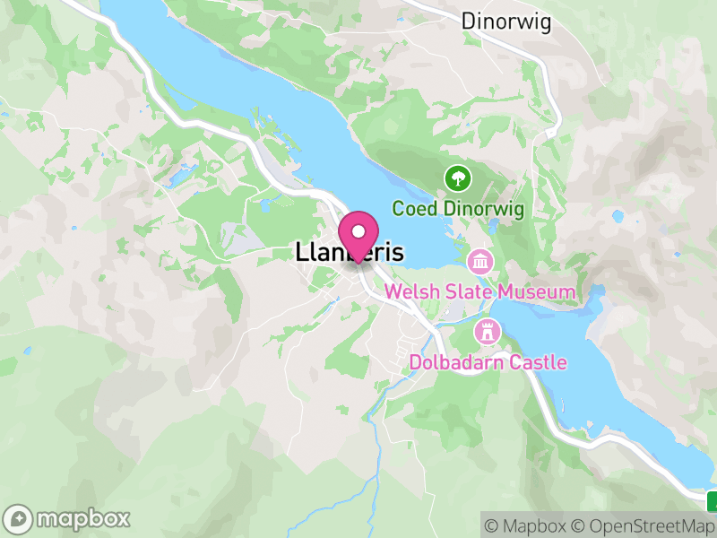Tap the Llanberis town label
(350, 254)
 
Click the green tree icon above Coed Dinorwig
(458, 178)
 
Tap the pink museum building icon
(480, 262)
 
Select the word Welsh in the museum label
(410, 292)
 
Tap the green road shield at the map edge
(713, 500)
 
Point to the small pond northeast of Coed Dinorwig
(617, 216)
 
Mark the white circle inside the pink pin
(358, 230)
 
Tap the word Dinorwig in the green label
(485, 209)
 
